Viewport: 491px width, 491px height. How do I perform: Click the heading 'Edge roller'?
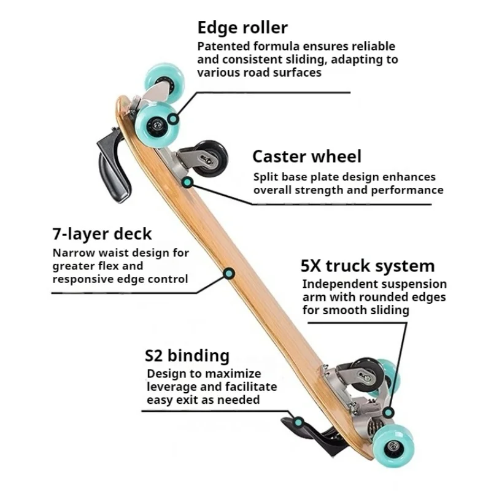[x=242, y=28]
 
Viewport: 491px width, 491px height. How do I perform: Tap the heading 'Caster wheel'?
[x=307, y=157]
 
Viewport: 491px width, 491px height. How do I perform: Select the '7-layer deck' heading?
[x=101, y=234]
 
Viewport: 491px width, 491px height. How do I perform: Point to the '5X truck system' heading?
[x=367, y=266]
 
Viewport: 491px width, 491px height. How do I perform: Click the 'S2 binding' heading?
[x=187, y=356]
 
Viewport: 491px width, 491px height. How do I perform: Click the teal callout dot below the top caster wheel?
[x=187, y=182]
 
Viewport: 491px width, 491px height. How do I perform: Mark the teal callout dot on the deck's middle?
[x=228, y=273]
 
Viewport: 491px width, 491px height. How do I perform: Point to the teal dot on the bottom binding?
[x=298, y=422]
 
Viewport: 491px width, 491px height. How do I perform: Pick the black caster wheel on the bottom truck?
[x=369, y=374]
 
